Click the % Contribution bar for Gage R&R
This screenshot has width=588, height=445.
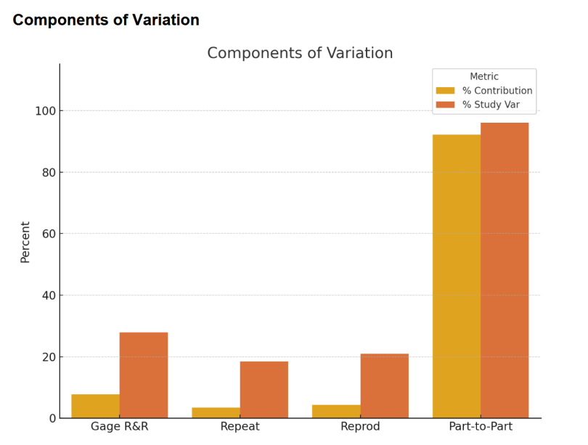96,407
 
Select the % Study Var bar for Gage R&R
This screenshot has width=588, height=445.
144,375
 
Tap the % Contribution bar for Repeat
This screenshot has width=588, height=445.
216,413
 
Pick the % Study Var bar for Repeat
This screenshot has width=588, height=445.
264,390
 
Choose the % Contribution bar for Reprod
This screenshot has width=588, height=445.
336,412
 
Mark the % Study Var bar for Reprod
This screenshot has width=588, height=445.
385,386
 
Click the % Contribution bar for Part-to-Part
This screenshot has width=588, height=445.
457,276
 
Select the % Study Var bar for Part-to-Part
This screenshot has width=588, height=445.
505,270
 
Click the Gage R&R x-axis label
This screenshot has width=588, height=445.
120,427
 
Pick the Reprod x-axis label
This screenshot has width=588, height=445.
361,427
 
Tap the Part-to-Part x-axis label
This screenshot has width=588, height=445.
481,427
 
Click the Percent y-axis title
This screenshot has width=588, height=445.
25,242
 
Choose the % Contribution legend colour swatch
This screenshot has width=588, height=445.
445,91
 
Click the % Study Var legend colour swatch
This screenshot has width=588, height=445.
445,105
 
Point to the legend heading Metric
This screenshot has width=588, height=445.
484,76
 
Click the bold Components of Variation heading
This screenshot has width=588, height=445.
106,20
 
